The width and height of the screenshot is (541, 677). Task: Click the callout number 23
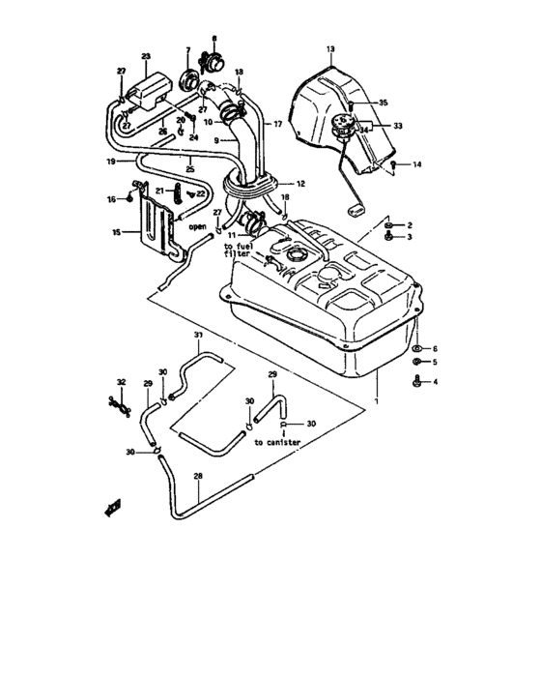click(x=146, y=57)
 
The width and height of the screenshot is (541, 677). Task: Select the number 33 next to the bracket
click(x=399, y=125)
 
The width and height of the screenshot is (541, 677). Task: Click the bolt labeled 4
click(x=416, y=384)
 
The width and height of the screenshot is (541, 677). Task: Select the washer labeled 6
click(x=416, y=348)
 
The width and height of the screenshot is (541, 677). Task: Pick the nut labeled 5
click(x=416, y=365)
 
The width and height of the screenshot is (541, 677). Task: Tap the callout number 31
click(x=197, y=336)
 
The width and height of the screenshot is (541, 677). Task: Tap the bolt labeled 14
click(x=394, y=166)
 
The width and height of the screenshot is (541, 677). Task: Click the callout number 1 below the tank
click(x=376, y=396)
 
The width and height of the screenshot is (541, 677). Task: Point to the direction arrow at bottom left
click(x=112, y=507)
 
